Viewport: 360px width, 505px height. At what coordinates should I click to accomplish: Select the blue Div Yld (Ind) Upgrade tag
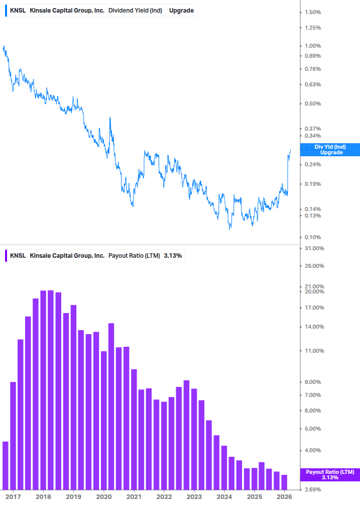[330, 149]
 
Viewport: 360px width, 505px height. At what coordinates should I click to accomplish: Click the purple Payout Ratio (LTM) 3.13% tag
[330, 475]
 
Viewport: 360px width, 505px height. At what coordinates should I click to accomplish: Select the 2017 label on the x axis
[13, 496]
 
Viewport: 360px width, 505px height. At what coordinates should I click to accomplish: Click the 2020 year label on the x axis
[104, 496]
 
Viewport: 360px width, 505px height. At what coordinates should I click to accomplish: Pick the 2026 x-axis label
[284, 496]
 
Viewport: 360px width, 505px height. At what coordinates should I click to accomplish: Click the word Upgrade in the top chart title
[181, 11]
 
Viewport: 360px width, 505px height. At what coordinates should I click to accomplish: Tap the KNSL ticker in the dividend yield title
[18, 11]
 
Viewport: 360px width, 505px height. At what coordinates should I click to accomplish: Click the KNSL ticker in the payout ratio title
[18, 256]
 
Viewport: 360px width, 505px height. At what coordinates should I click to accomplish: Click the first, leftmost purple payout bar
[6, 465]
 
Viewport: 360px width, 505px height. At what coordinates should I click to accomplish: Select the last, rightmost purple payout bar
[284, 482]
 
